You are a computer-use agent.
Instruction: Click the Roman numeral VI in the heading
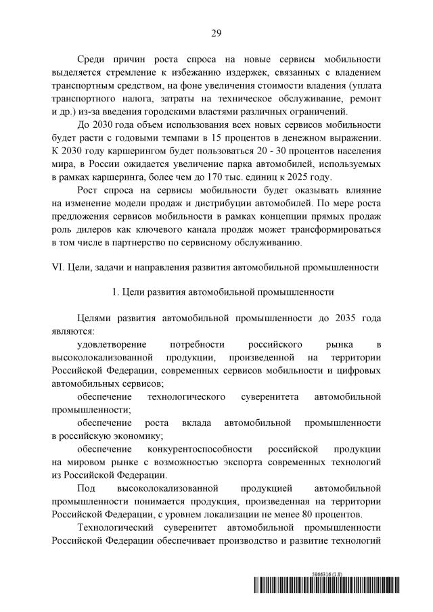[x=57, y=266]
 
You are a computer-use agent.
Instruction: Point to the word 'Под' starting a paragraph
[x=87, y=488]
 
